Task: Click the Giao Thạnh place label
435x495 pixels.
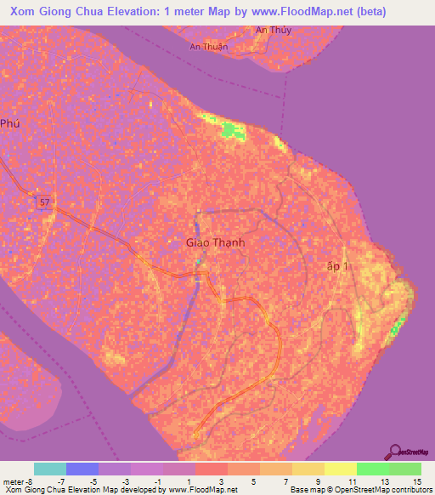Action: point(215,242)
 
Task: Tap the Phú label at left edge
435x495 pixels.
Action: point(8,123)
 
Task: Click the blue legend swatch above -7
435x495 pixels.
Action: point(82,469)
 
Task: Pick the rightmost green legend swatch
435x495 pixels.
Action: point(405,469)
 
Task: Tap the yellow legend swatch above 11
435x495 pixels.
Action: point(341,469)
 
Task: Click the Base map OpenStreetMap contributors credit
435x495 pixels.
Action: point(359,490)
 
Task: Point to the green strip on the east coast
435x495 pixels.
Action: point(398,328)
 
